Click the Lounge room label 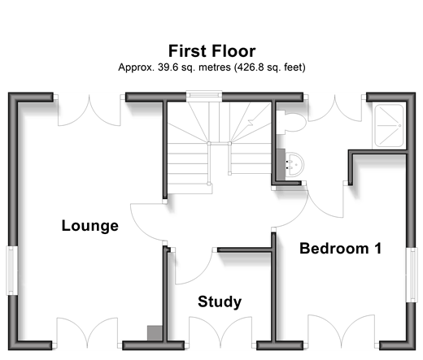pyautogui.click(x=90, y=226)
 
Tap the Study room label pyautogui.click(x=220, y=301)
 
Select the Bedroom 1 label pyautogui.click(x=341, y=249)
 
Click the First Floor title pyautogui.click(x=211, y=51)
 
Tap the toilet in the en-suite pyautogui.click(x=291, y=122)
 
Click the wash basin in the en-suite pyautogui.click(x=294, y=164)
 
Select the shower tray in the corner pyautogui.click(x=390, y=126)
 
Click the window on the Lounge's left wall pyautogui.click(x=11, y=271)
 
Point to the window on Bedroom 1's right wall pyautogui.click(x=411, y=275)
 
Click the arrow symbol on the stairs pyautogui.click(x=251, y=121)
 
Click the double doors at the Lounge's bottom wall pyautogui.click(x=87, y=331)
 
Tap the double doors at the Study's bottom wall pyautogui.click(x=220, y=331)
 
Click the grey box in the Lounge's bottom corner pyautogui.click(x=155, y=332)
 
